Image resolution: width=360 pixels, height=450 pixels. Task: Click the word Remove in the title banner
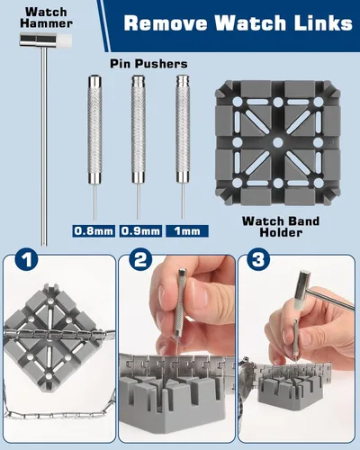pos(166,23)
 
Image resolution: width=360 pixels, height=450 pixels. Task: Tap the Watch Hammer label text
pos(47,18)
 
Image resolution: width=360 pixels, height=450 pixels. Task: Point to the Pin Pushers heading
pos(148,64)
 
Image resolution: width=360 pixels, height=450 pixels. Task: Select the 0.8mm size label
pos(94,231)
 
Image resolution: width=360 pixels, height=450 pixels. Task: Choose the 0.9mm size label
pos(140,231)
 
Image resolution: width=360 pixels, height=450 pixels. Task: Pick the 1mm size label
pos(187,231)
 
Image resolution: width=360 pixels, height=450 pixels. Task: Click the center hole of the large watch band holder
pos(278,142)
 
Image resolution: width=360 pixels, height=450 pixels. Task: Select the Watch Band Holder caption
pos(281,227)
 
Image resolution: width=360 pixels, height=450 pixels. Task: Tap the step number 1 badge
pos(26,259)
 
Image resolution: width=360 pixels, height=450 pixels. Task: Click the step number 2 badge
pos(140,259)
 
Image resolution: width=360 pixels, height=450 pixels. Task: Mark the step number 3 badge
pos(258,259)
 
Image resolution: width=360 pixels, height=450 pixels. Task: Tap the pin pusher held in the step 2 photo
pos(181,309)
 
